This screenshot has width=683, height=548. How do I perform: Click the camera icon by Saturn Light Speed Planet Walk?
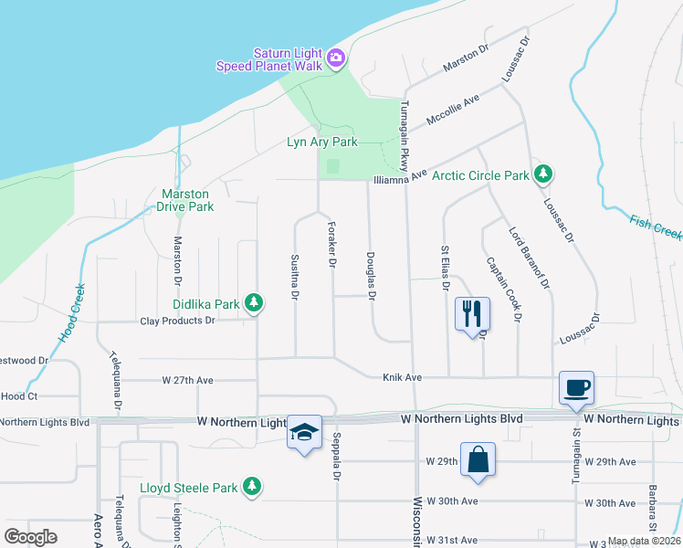point(336,58)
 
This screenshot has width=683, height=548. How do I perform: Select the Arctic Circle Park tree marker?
point(543,174)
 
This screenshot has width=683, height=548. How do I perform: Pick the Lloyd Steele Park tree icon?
point(253,487)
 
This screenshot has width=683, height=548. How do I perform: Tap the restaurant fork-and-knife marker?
point(473,314)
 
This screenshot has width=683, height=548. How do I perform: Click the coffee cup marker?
point(577,387)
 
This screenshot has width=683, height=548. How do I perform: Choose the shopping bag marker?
point(478,459)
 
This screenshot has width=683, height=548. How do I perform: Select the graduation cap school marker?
point(304,432)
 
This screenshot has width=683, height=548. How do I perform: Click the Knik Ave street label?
point(402,376)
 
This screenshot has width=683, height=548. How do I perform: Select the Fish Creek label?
point(656,227)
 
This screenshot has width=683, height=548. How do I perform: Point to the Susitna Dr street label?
point(294,278)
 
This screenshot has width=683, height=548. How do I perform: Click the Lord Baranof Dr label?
point(530,258)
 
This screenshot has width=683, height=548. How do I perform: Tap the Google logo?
point(31,537)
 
